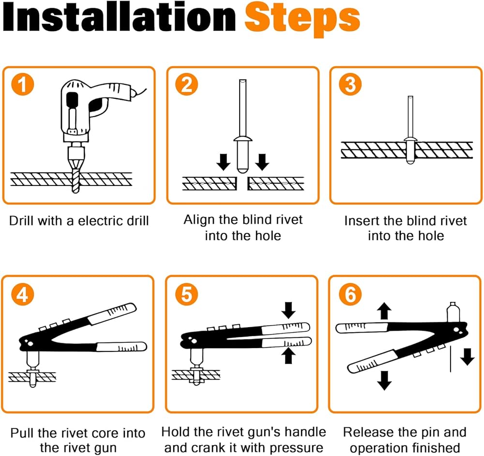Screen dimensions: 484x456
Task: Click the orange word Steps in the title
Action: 302,19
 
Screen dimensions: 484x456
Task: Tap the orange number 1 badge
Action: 23,84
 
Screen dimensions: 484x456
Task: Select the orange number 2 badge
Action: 186,84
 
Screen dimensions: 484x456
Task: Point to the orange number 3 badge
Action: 350,84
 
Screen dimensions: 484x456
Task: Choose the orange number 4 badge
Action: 23,294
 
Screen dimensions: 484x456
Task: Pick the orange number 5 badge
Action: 186,294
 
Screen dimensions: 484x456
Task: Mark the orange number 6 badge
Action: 350,294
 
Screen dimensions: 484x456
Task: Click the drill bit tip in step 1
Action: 76,191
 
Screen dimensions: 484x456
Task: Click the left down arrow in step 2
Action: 223,162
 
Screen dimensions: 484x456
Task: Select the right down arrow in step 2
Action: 262,162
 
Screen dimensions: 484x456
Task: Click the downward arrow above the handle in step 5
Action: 288,310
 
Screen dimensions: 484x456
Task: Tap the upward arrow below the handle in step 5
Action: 288,356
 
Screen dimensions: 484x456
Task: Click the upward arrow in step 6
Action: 384,311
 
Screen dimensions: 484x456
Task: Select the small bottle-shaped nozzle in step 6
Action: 453,312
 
